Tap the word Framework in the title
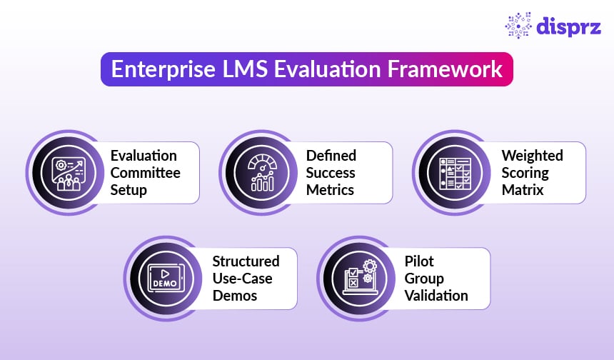[x=436, y=71]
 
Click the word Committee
[x=145, y=172]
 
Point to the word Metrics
[x=330, y=189]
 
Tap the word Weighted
[x=532, y=155]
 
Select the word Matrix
[x=523, y=189]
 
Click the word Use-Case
[x=242, y=278]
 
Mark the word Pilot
[x=419, y=261]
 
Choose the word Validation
[x=436, y=295]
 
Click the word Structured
[x=246, y=261]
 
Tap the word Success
[x=331, y=172]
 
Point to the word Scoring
[x=525, y=172]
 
